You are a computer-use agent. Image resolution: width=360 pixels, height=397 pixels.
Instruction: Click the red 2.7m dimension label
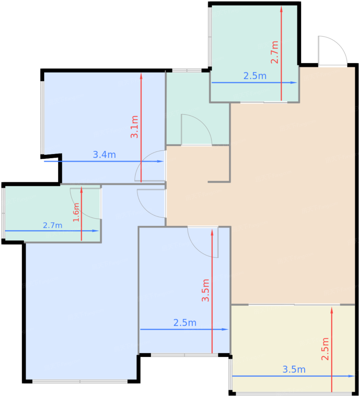point(275,52)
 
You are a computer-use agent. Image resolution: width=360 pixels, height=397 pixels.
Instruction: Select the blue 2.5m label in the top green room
point(255,76)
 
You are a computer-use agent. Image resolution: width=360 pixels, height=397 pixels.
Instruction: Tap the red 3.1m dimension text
point(134,127)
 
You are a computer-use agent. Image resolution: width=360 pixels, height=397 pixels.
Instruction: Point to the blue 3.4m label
point(104,155)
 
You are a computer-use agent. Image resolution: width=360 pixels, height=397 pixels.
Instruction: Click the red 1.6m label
point(76,212)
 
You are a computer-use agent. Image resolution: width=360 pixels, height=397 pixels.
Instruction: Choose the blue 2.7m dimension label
point(53,225)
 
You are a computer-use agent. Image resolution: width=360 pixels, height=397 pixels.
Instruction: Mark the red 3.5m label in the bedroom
point(206,291)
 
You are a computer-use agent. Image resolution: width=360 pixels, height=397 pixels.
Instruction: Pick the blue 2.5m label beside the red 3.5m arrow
point(185,323)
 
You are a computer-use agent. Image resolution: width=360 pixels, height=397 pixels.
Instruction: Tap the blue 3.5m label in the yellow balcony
point(294,369)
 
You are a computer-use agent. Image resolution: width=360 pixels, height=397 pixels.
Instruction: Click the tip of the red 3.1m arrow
point(141,73)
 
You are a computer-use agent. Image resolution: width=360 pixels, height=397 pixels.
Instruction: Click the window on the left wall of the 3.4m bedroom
point(42,117)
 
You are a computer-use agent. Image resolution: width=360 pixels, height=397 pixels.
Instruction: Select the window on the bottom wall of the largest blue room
point(80,381)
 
